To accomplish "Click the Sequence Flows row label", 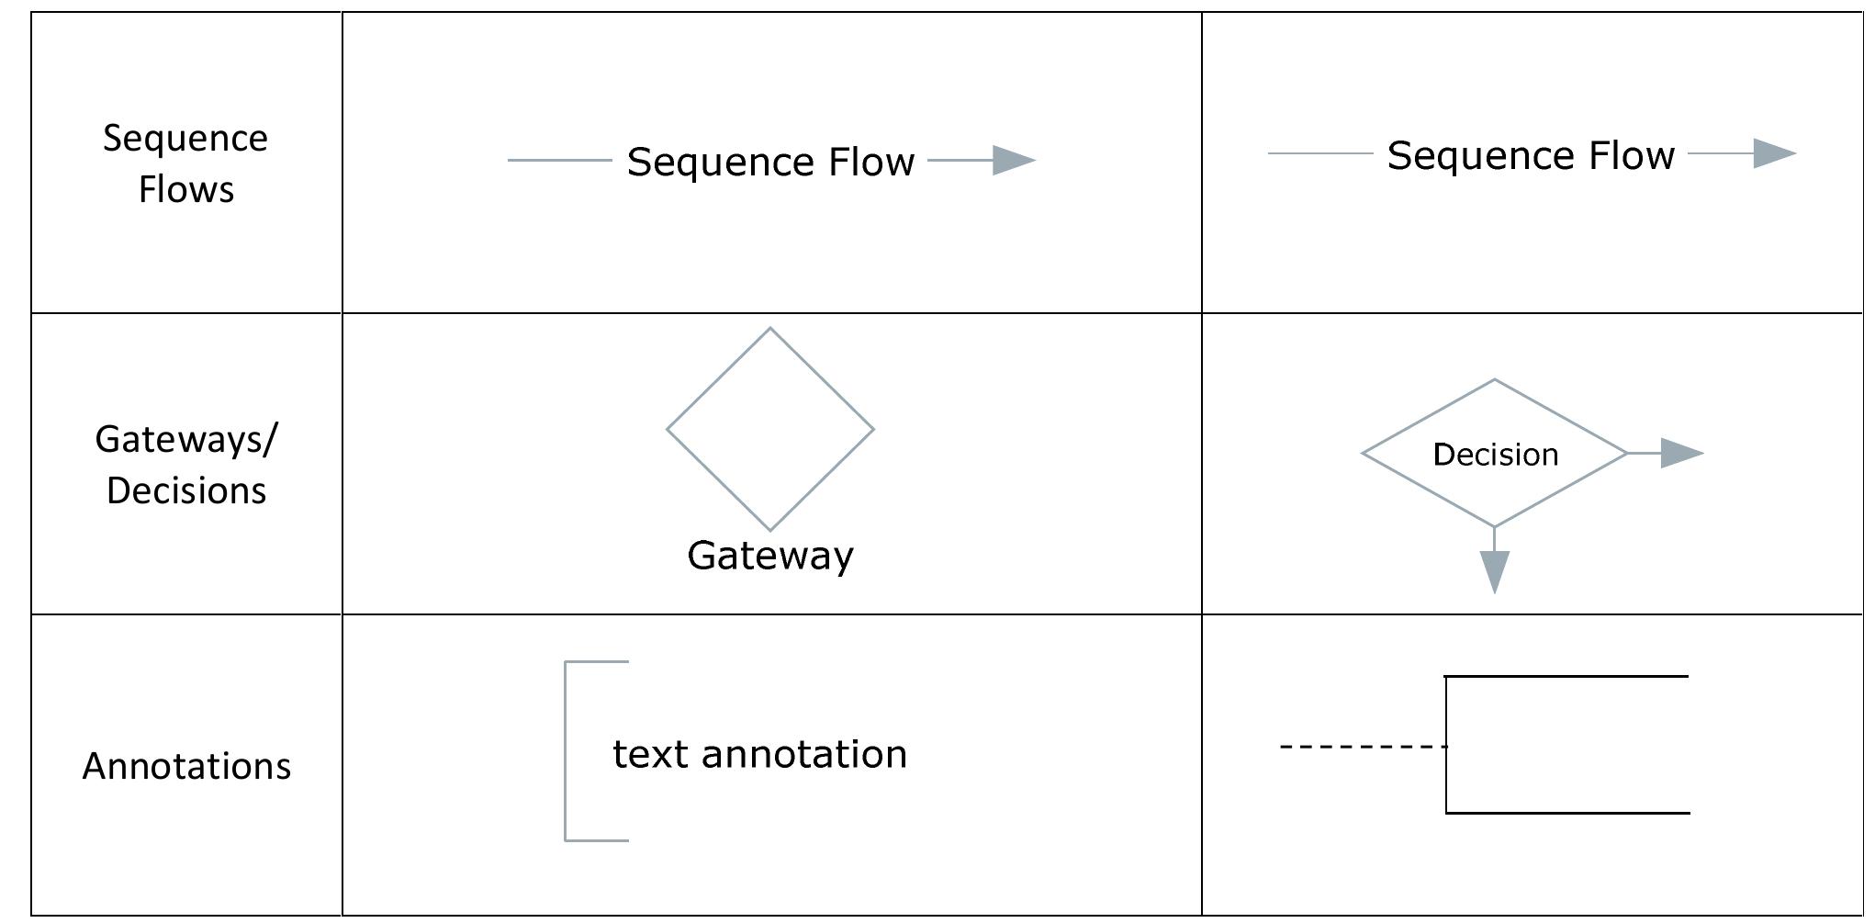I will pyautogui.click(x=185, y=163).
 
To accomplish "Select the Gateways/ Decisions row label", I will pyautogui.click(x=185, y=465).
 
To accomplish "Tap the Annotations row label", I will pyautogui.click(x=186, y=766).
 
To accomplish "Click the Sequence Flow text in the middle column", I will pyautogui.click(x=770, y=162).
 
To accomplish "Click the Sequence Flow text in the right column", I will pyautogui.click(x=1531, y=155).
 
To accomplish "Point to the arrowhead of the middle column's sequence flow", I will pyautogui.click(x=1014, y=161).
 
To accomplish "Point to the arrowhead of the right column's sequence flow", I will pyautogui.click(x=1774, y=153).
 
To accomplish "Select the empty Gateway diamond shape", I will pyautogui.click(x=769, y=429).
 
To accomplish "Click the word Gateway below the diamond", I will pyautogui.click(x=770, y=556).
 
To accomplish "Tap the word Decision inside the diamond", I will pyautogui.click(x=1496, y=455).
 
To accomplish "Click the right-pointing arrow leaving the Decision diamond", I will pyautogui.click(x=1680, y=453).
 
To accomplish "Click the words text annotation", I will pyautogui.click(x=759, y=754).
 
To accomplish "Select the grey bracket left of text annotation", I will pyautogui.click(x=567, y=750).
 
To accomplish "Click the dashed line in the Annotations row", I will pyautogui.click(x=1363, y=747).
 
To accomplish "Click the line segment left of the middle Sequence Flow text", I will pyautogui.click(x=559, y=161).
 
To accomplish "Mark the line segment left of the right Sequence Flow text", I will pyautogui.click(x=1319, y=153).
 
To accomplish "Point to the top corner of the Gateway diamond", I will pyautogui.click(x=769, y=330).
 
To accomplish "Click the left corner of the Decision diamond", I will pyautogui.click(x=1364, y=453).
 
